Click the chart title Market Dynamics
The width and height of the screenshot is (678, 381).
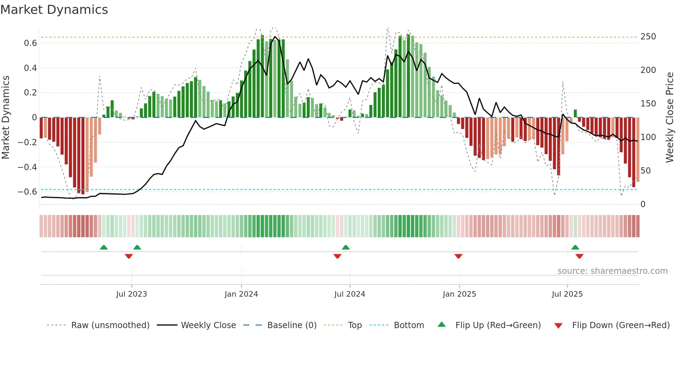[x=54, y=10]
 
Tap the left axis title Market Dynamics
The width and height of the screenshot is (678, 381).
[x=6, y=117]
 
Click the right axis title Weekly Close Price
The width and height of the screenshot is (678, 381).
[x=670, y=117]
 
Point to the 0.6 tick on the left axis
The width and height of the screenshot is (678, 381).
[x=30, y=43]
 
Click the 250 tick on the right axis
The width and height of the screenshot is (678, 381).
[x=648, y=37]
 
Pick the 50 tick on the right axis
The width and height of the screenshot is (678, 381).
[x=645, y=171]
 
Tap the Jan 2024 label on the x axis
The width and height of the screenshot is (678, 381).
[x=241, y=294]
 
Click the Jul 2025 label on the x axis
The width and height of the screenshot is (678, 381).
[x=567, y=294]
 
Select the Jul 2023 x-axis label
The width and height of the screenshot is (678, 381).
[x=131, y=294]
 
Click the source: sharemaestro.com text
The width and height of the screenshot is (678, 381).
[x=612, y=271]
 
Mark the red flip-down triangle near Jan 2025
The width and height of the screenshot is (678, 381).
[x=458, y=256]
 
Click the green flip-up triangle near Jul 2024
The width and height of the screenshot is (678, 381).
[x=346, y=247]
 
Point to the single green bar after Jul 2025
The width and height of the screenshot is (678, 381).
[x=575, y=113]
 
